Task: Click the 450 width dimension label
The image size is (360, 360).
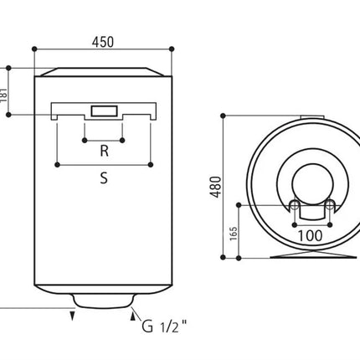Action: click(x=103, y=42)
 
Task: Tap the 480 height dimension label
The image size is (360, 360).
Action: click(x=216, y=187)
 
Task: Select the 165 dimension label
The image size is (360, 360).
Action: click(x=234, y=234)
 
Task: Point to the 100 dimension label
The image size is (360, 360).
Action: click(x=311, y=236)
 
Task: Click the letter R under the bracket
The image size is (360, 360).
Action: click(x=104, y=151)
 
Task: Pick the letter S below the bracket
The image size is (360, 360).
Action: click(x=104, y=177)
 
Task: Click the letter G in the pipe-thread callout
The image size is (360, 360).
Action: click(x=147, y=326)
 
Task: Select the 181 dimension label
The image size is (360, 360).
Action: click(x=3, y=95)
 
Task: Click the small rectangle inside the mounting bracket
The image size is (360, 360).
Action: click(x=104, y=111)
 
